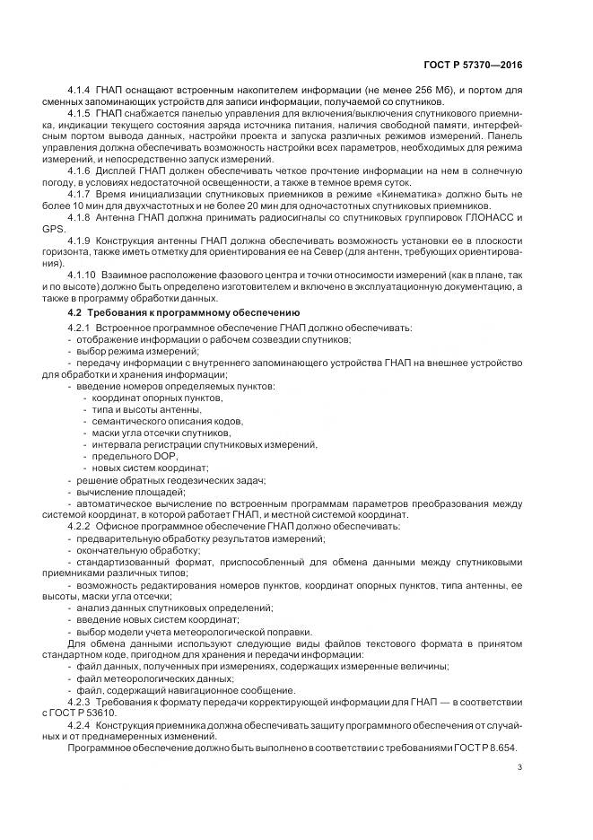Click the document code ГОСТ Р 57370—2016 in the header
pyautogui.click(x=475, y=66)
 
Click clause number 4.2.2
pyautogui.click(x=81, y=526)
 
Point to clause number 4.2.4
pyautogui.click(x=81, y=725)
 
